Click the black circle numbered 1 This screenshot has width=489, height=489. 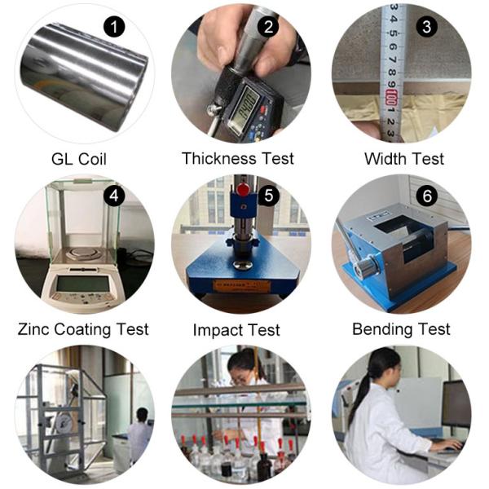(x=114, y=27)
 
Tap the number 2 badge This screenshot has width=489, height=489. (x=268, y=27)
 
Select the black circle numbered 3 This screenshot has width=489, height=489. (x=427, y=27)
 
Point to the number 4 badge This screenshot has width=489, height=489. (x=114, y=196)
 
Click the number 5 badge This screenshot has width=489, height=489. (x=268, y=196)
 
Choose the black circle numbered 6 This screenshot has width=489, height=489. (x=427, y=196)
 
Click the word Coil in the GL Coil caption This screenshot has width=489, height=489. (x=92, y=159)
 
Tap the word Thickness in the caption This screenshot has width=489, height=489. (x=218, y=158)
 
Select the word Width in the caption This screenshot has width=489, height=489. (x=385, y=159)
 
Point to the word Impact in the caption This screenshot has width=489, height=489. (x=218, y=331)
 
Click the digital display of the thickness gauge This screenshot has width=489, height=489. (x=244, y=109)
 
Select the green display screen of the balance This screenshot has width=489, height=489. (x=82, y=284)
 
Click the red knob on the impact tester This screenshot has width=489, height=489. (x=243, y=189)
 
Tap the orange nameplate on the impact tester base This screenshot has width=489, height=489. (x=242, y=286)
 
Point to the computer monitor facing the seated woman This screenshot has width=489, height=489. (x=456, y=404)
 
